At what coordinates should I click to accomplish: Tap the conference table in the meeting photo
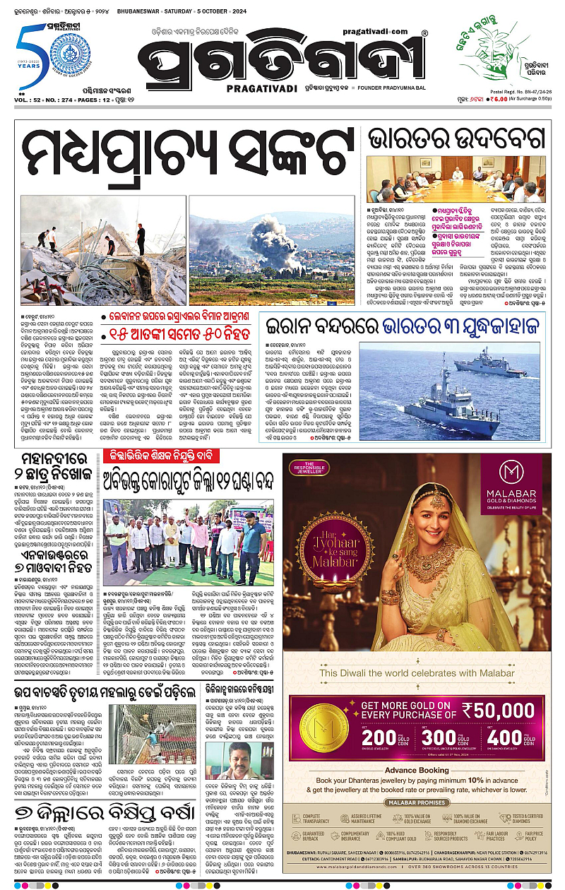[x=456, y=186]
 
